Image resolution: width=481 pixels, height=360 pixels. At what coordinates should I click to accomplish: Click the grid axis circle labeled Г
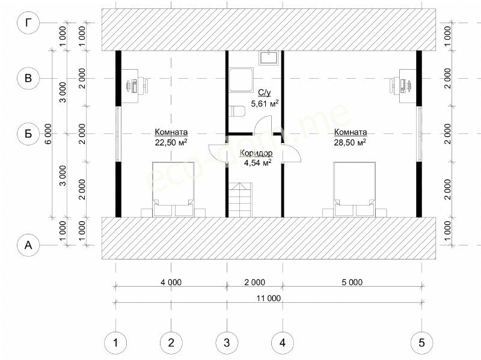point(28,23)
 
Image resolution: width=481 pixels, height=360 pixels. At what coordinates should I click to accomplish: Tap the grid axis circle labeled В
point(28,78)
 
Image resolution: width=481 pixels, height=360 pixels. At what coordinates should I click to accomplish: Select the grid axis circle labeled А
point(28,245)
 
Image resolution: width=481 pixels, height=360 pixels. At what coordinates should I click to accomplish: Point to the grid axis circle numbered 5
point(422,343)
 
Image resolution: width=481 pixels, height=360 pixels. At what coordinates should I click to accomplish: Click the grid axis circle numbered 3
point(227,343)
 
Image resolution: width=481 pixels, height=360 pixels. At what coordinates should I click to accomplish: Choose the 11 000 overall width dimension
point(269,298)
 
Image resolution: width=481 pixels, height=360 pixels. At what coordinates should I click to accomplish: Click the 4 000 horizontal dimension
point(171,282)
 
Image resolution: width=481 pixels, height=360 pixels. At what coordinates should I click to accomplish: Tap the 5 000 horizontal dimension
point(352,282)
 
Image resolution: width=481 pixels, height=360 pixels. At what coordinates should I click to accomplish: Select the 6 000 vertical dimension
point(48,133)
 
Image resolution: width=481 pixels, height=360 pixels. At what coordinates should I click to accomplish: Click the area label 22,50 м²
point(171,142)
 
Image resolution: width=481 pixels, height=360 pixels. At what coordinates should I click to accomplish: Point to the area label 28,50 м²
point(350,142)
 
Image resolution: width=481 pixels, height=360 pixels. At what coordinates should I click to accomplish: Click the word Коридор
point(256,153)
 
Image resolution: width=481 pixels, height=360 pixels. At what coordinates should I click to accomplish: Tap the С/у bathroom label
point(265,93)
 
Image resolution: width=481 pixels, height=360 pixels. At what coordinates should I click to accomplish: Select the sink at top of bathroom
point(268,58)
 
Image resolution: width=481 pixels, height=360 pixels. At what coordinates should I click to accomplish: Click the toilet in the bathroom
point(237,111)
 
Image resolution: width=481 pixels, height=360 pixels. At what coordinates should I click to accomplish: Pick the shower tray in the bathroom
point(241,80)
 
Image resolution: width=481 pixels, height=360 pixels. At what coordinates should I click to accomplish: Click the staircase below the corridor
point(240,200)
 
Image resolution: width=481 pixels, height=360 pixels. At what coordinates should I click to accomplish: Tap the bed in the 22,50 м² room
point(173,189)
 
